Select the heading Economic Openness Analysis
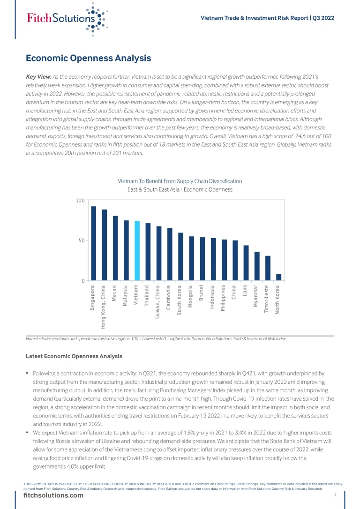[x=88, y=58]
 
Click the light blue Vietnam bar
[x=137, y=251]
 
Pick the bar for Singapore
[x=93, y=244]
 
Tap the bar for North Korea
[x=278, y=277]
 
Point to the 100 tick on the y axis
[x=80, y=201]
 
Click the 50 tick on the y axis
[x=81, y=240]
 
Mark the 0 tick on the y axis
[x=82, y=281]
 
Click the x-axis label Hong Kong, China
[x=104, y=307]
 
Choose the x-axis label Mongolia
[x=191, y=296]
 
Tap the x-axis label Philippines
[x=224, y=298]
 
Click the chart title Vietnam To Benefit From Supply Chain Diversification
[x=180, y=181]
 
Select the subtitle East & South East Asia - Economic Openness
[x=180, y=190]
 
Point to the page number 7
[x=335, y=495]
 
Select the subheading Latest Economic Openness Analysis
[x=74, y=356]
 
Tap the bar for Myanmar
[x=257, y=266]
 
